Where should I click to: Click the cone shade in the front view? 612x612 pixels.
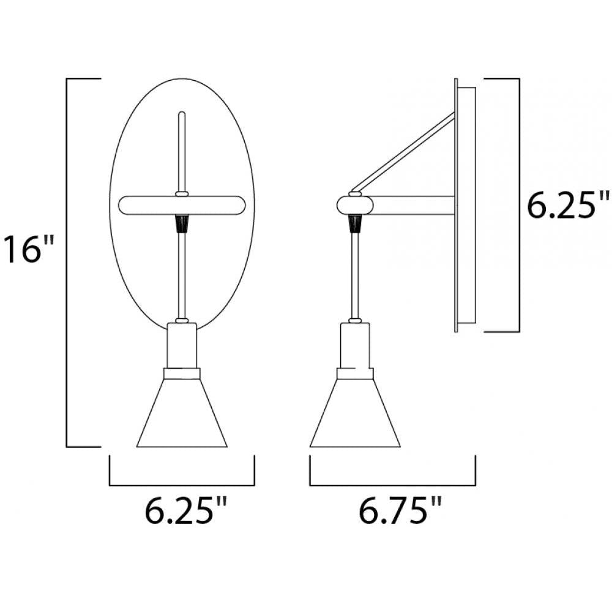181,416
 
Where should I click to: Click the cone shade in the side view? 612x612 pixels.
355,416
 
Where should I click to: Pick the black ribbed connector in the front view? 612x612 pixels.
181,225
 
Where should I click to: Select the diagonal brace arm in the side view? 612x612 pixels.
407,150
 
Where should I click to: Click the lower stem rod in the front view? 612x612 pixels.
181,275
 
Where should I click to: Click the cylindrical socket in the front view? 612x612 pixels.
181,346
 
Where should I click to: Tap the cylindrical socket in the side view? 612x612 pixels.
355,346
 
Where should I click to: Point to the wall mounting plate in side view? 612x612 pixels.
465,205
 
